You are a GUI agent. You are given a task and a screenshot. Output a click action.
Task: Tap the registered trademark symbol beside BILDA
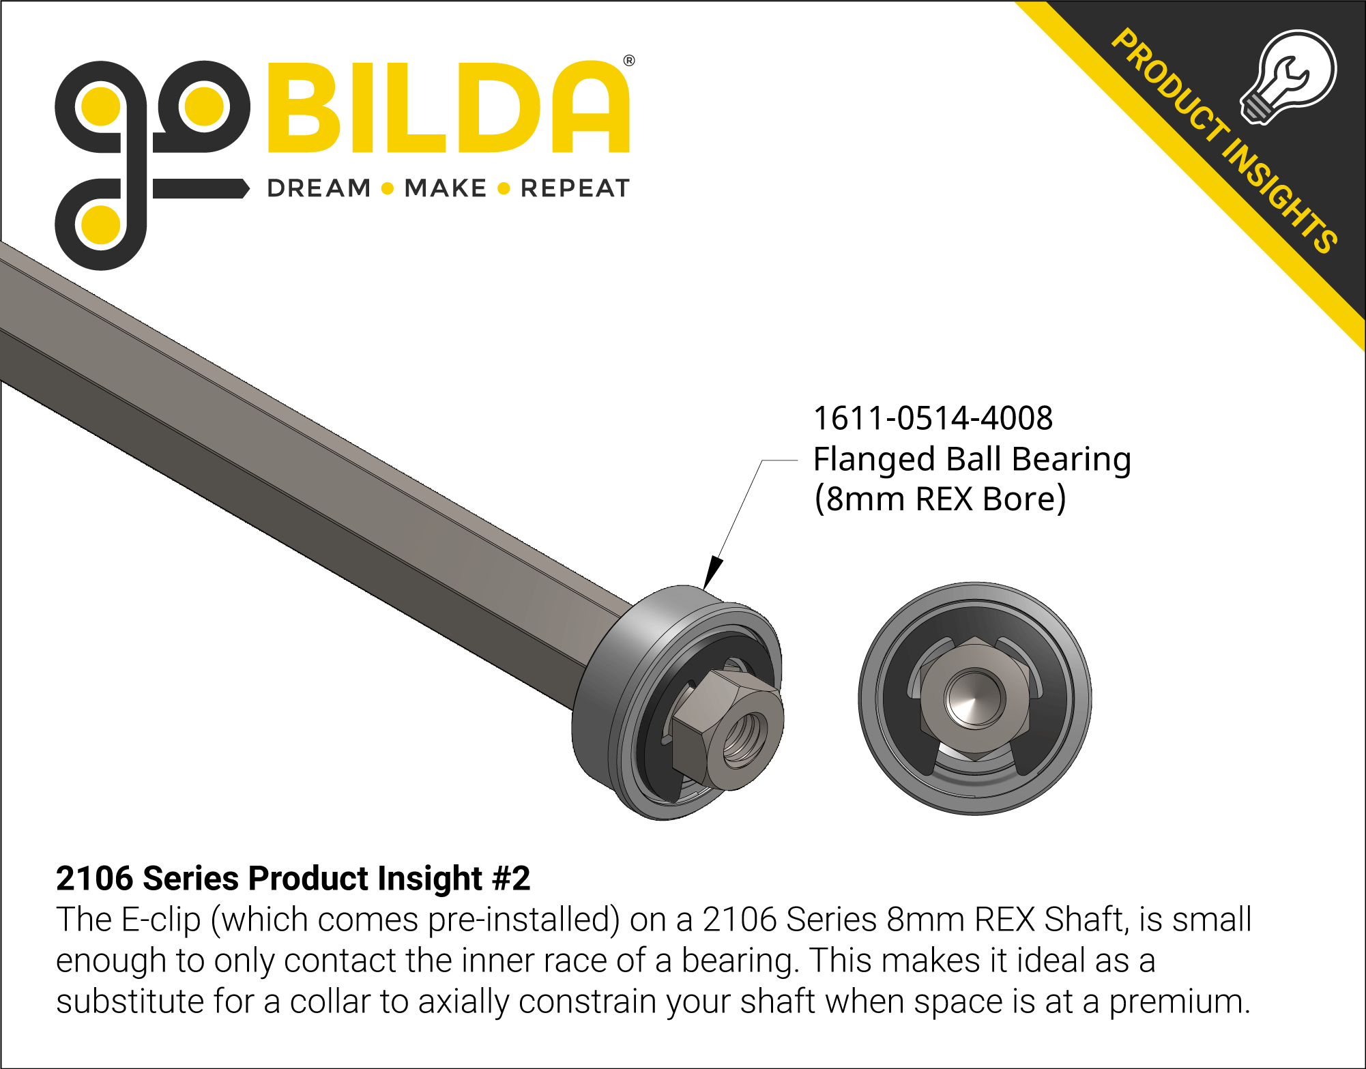pyautogui.click(x=629, y=61)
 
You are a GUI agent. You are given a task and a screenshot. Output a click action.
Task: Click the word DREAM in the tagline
pyautogui.click(x=319, y=188)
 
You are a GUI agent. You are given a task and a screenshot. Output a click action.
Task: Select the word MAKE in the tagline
pyautogui.click(x=445, y=188)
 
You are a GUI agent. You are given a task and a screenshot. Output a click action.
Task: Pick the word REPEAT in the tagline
pyautogui.click(x=575, y=188)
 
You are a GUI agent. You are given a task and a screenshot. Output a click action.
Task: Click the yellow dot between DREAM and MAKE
pyautogui.click(x=388, y=189)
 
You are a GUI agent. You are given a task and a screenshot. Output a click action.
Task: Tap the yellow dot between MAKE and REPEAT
pyautogui.click(x=504, y=189)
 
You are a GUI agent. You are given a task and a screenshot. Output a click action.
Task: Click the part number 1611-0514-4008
pyautogui.click(x=933, y=418)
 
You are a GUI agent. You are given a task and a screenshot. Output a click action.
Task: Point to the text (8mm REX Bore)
pyautogui.click(x=940, y=499)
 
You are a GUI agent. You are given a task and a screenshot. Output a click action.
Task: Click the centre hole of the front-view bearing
pyautogui.click(x=974, y=697)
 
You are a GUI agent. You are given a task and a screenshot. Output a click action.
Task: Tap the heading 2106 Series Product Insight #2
pyautogui.click(x=293, y=878)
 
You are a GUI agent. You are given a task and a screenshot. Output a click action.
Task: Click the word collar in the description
pyautogui.click(x=330, y=1001)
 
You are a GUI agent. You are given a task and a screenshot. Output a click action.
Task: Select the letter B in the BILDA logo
pyautogui.click(x=308, y=108)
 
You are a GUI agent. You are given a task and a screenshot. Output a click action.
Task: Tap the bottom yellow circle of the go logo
pyautogui.click(x=101, y=224)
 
